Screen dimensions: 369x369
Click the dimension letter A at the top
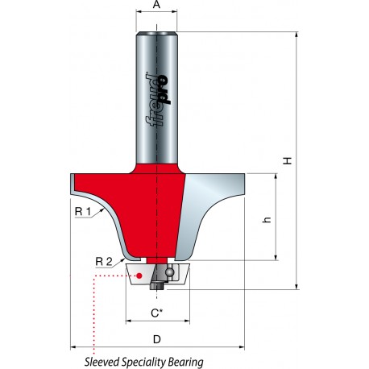click(x=156, y=5)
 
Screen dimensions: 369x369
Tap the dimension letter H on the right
click(x=288, y=161)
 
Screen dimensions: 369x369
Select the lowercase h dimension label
click(x=267, y=219)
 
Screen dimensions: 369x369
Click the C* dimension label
click(x=157, y=313)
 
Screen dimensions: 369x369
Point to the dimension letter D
click(x=156, y=339)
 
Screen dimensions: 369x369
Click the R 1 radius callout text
click(x=83, y=212)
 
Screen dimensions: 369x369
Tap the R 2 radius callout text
click(x=104, y=261)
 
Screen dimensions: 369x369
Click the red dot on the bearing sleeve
click(x=139, y=276)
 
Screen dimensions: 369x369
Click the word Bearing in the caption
click(x=186, y=363)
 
